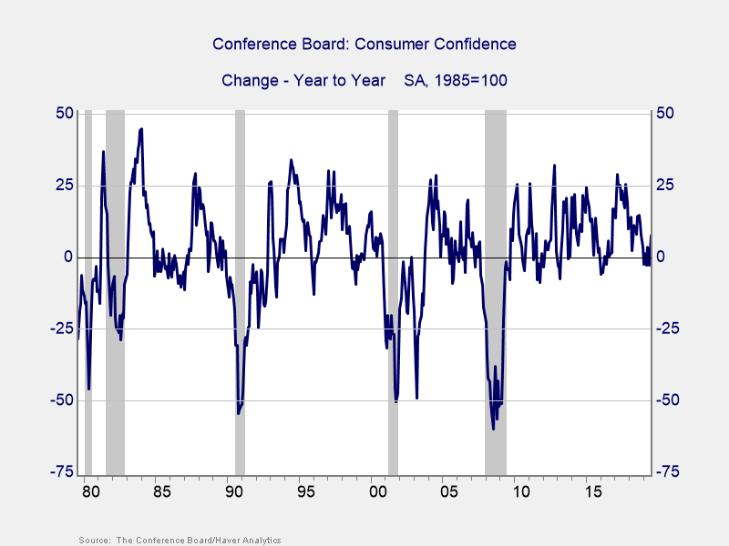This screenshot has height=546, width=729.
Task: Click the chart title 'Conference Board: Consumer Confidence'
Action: pos(364,44)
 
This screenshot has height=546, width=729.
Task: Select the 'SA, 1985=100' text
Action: pos(456,80)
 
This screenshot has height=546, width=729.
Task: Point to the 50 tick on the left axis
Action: pos(64,114)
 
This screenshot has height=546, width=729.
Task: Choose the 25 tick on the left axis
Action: pos(64,186)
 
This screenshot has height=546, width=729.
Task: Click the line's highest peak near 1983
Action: pos(141,129)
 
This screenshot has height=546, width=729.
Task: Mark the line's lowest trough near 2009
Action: pos(493,429)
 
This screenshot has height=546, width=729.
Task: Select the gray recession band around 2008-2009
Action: pos(495,273)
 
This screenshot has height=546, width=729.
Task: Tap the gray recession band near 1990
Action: pos(240,273)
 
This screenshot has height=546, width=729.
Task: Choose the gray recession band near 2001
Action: pos(393,273)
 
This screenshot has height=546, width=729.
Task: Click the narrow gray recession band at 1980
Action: pos(88,273)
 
